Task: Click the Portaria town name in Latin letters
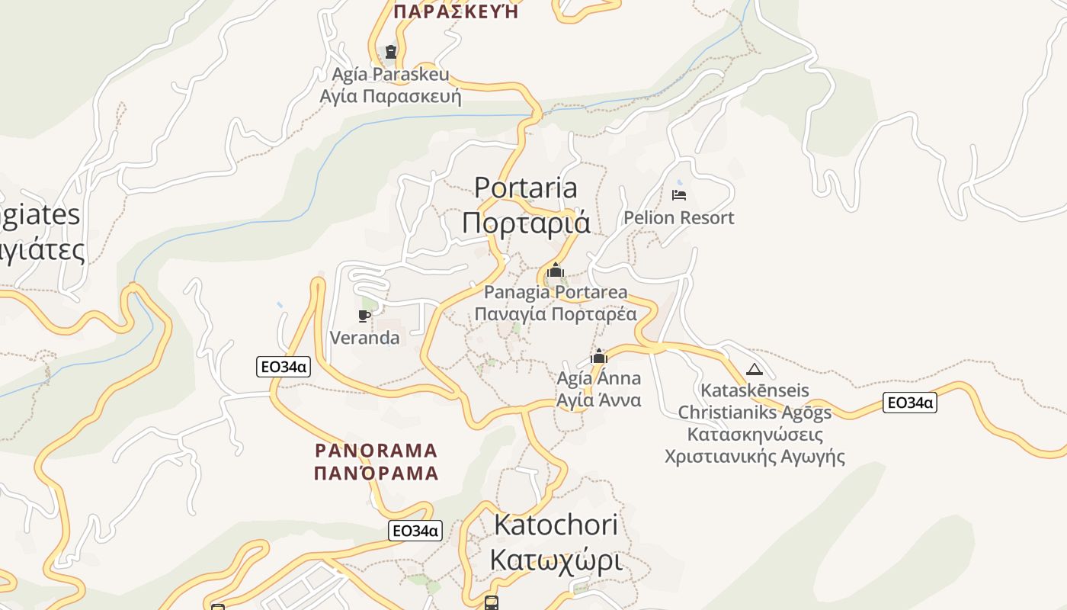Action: [526, 188]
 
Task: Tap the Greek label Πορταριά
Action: [526, 223]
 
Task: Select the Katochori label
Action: [556, 525]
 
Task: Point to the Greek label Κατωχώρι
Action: [556, 560]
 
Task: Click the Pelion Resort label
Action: [678, 218]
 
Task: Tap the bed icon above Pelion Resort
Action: [678, 195]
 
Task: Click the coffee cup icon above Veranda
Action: [364, 316]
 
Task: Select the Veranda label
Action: [364, 338]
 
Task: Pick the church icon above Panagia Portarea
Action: [556, 270]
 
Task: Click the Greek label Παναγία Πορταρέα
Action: [556, 314]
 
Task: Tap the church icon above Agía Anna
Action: [599, 356]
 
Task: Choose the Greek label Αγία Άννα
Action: [599, 400]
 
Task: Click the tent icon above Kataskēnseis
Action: [755, 370]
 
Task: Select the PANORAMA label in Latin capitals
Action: [376, 450]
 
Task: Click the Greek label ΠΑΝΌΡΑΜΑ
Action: [376, 474]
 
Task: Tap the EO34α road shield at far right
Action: [909, 403]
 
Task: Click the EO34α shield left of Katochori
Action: [415, 531]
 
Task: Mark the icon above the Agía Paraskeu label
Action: [391, 52]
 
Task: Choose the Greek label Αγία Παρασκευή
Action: [390, 97]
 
